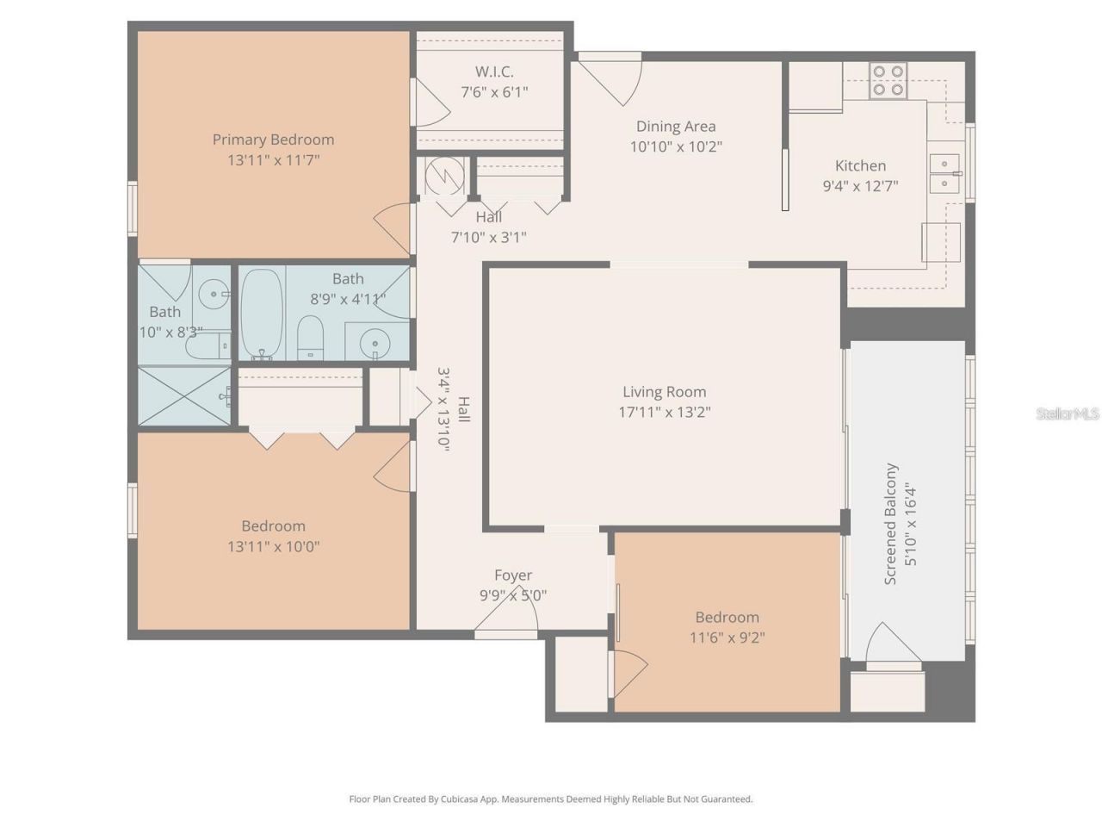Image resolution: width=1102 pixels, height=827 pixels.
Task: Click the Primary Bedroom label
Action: (273, 140)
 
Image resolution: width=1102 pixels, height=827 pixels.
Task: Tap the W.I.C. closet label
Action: (494, 72)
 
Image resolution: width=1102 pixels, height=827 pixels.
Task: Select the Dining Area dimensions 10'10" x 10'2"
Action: (676, 146)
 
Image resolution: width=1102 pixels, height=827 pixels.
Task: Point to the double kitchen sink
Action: (944, 173)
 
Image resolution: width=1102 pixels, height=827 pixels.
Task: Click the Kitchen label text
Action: (860, 165)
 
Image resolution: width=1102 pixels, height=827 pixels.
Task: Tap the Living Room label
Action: (664, 391)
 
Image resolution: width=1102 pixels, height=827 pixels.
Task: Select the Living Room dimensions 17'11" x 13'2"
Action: (664, 412)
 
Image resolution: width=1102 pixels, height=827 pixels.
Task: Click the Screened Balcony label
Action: (890, 525)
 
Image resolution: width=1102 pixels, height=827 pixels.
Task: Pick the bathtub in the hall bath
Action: (261, 314)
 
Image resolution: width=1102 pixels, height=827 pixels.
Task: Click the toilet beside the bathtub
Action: (310, 337)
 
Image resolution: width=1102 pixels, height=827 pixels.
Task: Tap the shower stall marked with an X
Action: (184, 395)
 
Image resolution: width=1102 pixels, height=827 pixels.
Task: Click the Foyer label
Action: (512, 575)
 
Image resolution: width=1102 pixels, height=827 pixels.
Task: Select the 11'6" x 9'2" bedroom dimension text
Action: (727, 637)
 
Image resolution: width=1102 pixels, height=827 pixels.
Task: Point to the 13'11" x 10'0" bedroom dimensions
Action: (273, 546)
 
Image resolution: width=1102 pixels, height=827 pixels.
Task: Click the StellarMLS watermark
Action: (1068, 414)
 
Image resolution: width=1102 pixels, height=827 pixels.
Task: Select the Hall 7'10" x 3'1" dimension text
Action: (488, 237)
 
